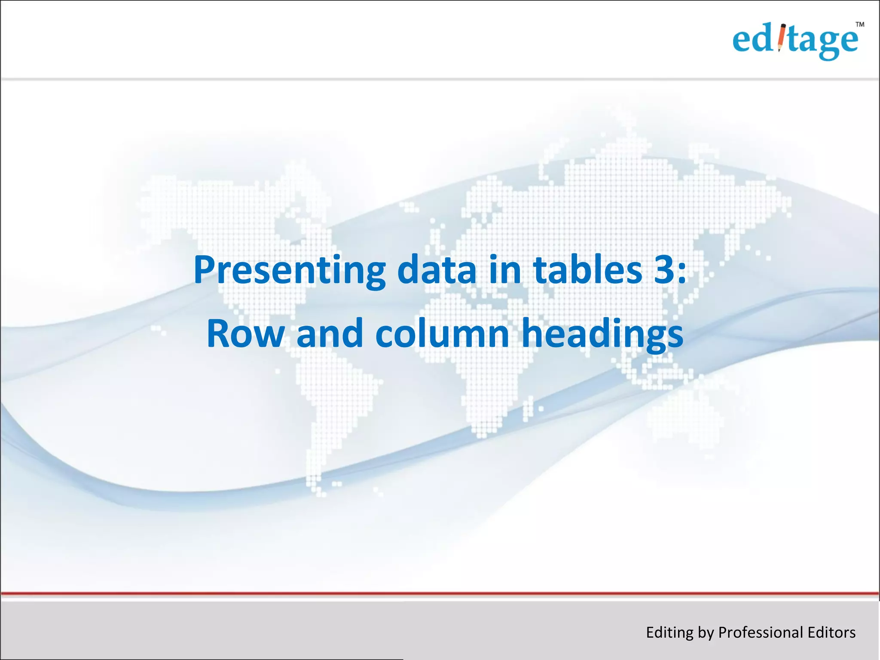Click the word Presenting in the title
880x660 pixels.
pos(289,271)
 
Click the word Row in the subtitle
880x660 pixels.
pos(245,334)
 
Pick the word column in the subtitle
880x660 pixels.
pos(442,334)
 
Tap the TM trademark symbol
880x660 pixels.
pos(859,24)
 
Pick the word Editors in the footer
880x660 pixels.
pos(831,632)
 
